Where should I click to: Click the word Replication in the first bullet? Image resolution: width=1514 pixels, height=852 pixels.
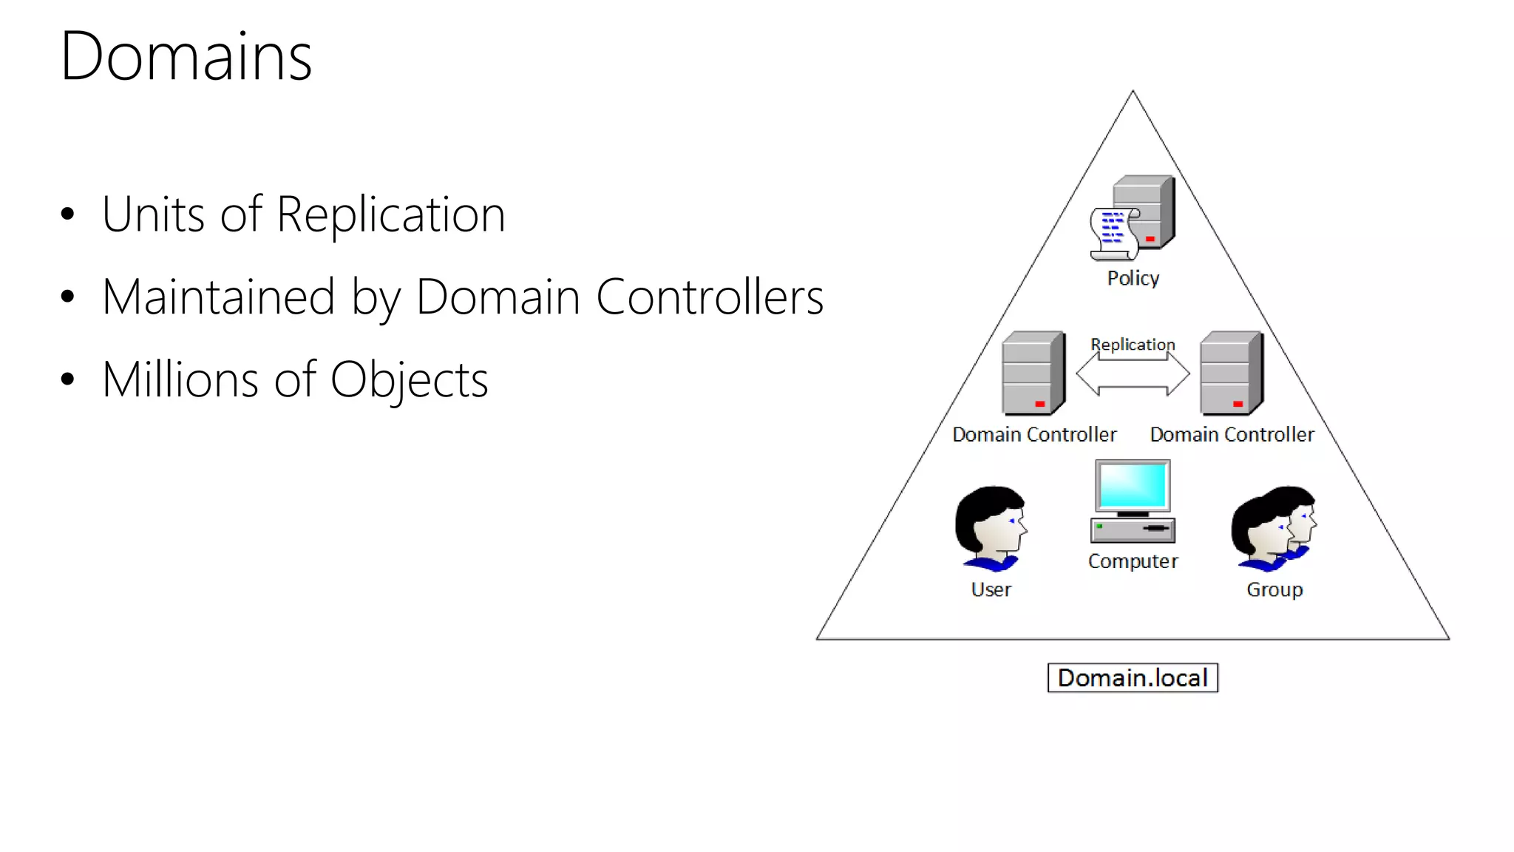click(390, 214)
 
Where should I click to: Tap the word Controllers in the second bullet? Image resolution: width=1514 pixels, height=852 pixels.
click(709, 297)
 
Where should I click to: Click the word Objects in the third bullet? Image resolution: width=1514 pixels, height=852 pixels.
click(409, 380)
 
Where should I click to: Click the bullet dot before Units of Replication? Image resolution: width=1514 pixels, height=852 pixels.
click(68, 215)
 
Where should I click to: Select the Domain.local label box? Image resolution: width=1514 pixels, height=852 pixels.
click(1132, 677)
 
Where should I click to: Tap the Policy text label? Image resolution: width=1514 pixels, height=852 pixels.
click(1133, 278)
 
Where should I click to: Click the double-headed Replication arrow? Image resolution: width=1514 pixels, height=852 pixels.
click(1133, 374)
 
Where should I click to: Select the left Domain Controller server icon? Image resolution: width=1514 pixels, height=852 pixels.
click(1033, 373)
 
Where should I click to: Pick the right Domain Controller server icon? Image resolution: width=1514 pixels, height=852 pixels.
click(1232, 373)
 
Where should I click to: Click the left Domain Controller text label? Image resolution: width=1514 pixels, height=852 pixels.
click(1033, 434)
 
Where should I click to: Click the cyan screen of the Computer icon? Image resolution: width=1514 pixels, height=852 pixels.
click(1133, 485)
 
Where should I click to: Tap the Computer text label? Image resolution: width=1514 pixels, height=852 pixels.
click(1133, 561)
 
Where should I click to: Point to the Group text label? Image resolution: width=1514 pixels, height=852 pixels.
click(1274, 589)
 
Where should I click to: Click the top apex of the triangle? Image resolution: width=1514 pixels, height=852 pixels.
click(1133, 92)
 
